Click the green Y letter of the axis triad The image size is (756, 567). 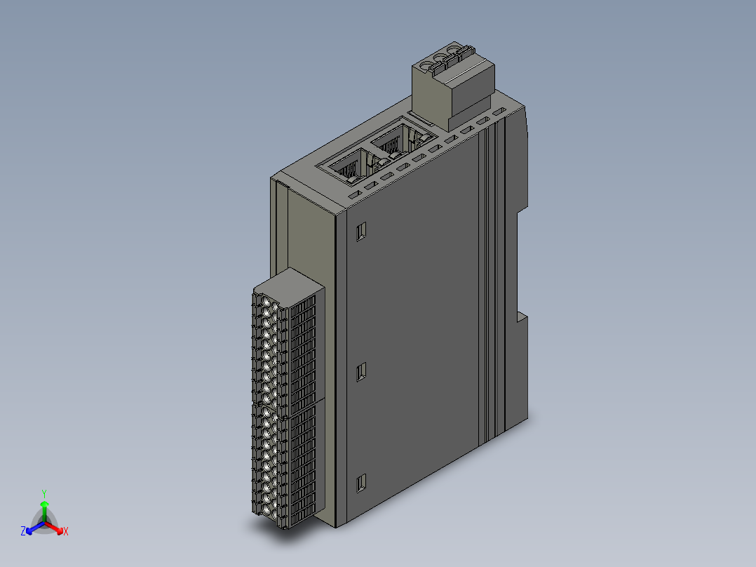44,493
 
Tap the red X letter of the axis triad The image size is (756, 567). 65,531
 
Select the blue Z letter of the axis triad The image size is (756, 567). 23,532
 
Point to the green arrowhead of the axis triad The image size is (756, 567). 44,504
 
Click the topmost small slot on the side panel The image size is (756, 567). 362,231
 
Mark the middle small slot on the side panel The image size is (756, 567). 362,371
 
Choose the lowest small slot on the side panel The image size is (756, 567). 362,483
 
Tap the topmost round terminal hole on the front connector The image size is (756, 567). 267,302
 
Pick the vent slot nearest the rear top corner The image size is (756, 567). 499,112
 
